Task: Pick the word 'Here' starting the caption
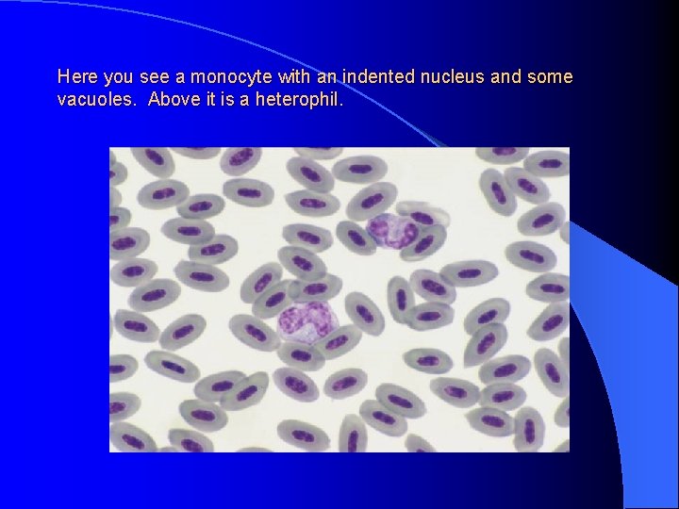click(75, 76)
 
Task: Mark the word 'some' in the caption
click(552, 76)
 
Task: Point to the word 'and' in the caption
click(498, 76)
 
